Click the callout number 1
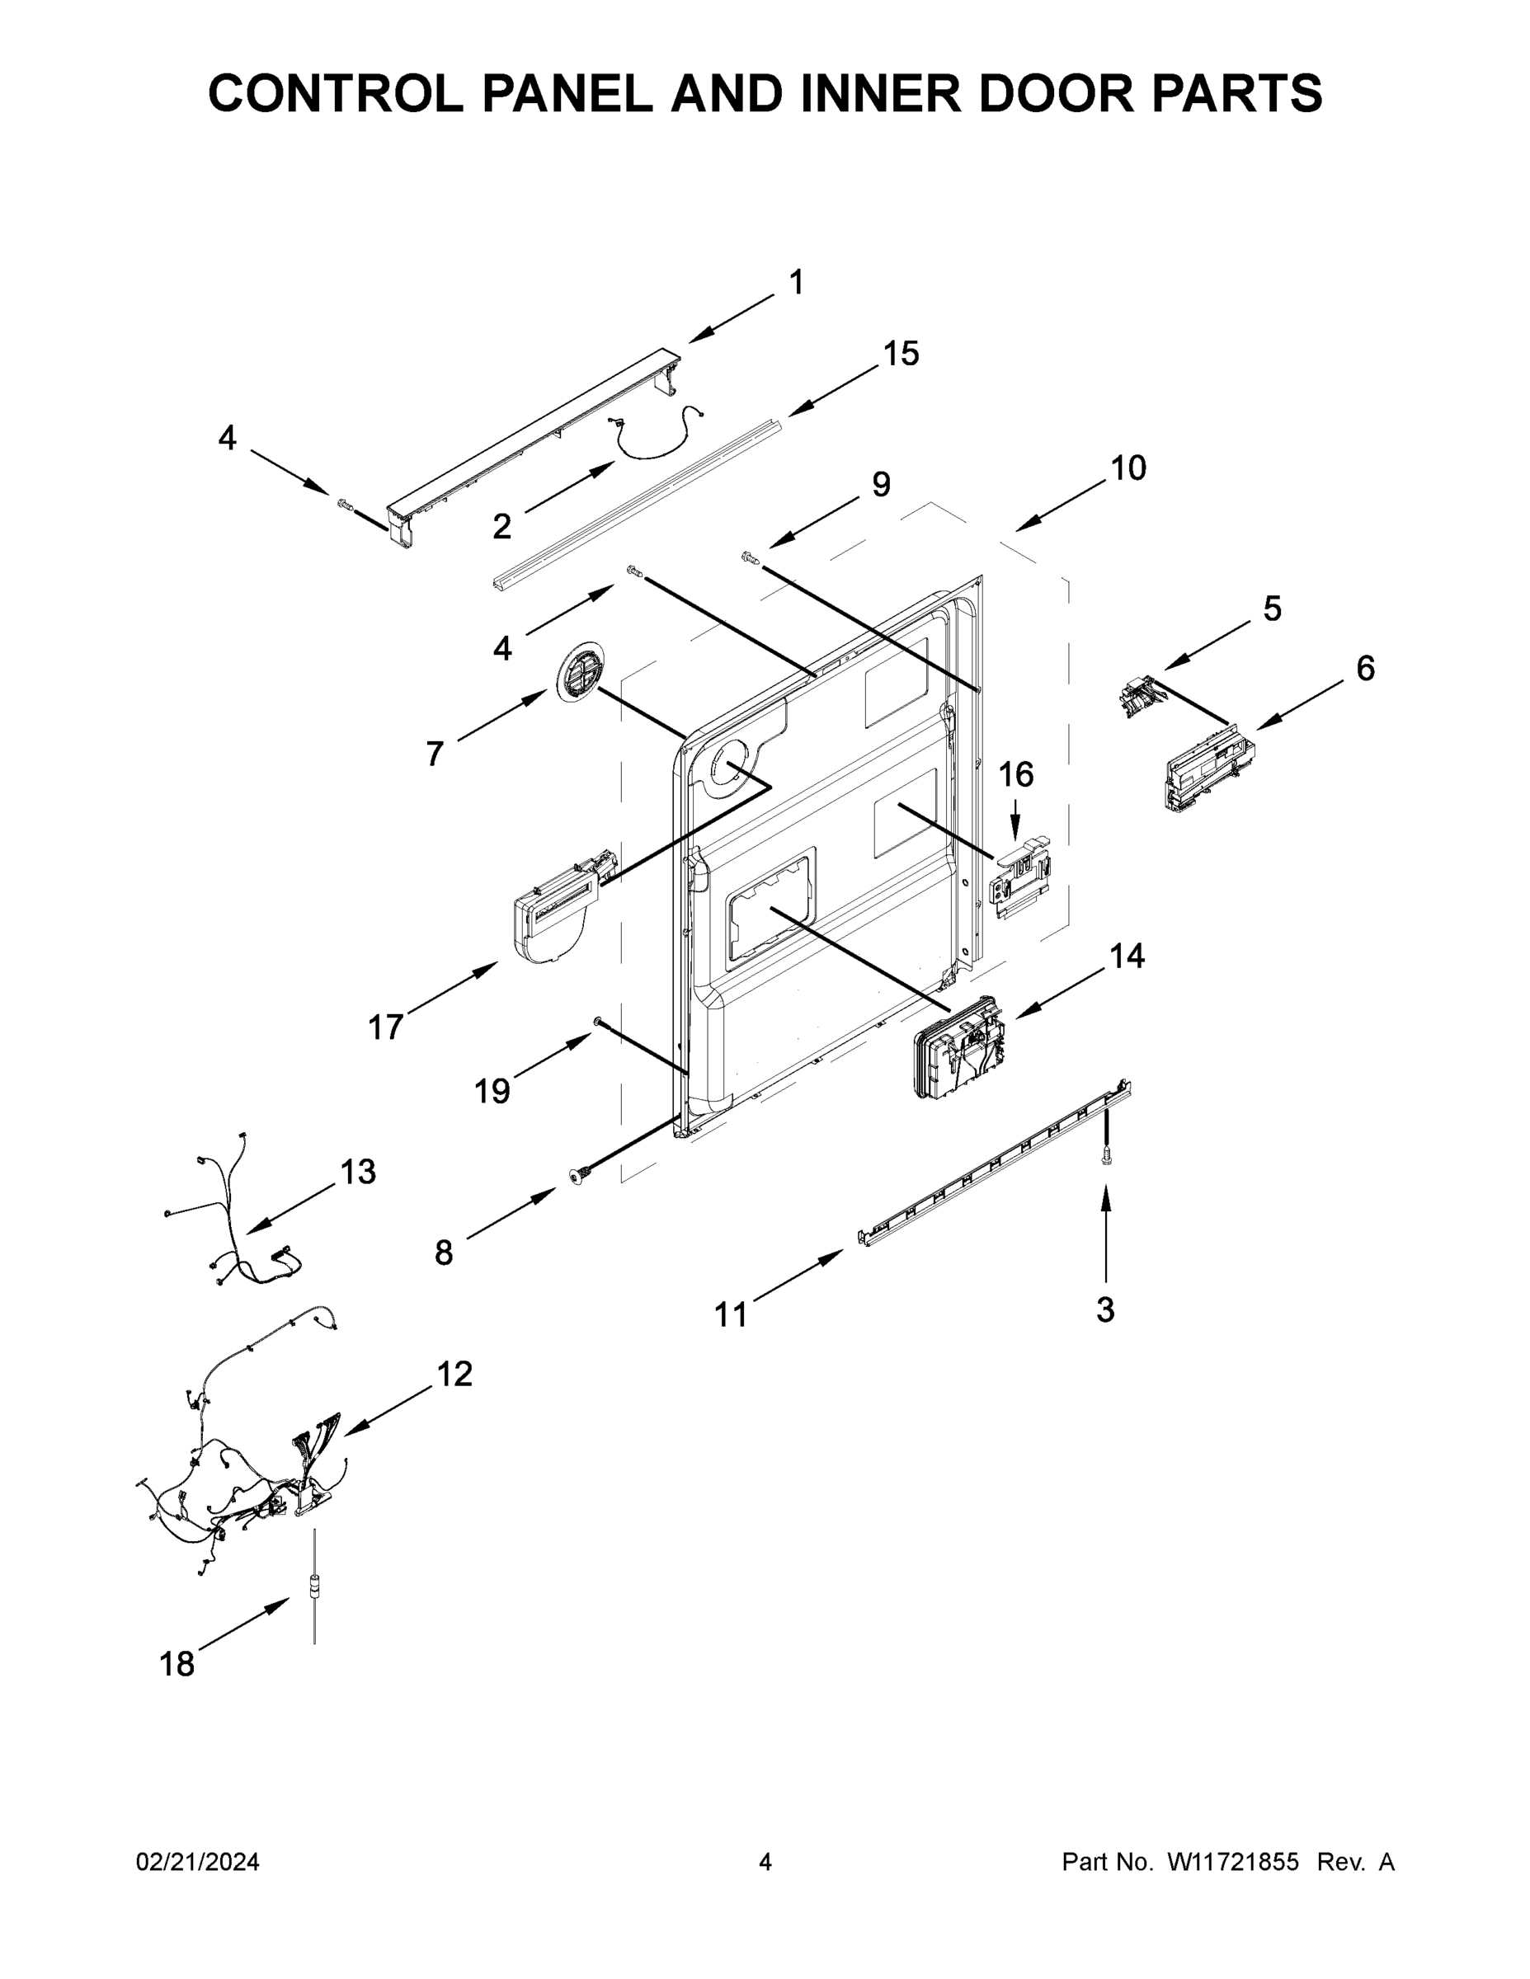(x=796, y=283)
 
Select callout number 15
(x=901, y=354)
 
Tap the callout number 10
(x=1127, y=468)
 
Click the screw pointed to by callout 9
(x=750, y=557)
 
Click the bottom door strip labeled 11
(x=996, y=1163)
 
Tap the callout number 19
(x=492, y=1091)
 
